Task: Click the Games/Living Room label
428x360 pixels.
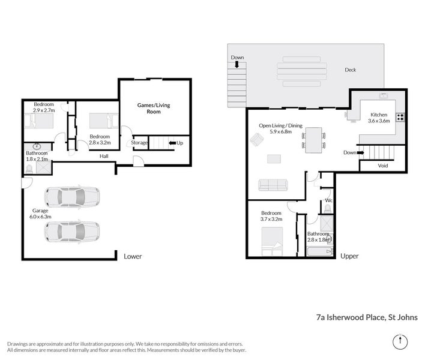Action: pyautogui.click(x=154, y=109)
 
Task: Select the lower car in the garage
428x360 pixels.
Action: pyautogui.click(x=72, y=231)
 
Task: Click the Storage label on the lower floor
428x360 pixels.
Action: pyautogui.click(x=140, y=143)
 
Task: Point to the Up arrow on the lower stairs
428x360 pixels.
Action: pyautogui.click(x=176, y=143)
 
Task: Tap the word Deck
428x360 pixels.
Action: pyautogui.click(x=350, y=70)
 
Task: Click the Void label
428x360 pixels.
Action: pyautogui.click(x=383, y=166)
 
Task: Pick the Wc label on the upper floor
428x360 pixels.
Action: pyautogui.click(x=328, y=200)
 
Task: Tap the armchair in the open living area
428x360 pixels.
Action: pyautogui.click(x=256, y=140)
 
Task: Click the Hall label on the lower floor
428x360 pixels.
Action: pyautogui.click(x=104, y=156)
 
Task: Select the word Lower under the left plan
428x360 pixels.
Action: pyautogui.click(x=132, y=256)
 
